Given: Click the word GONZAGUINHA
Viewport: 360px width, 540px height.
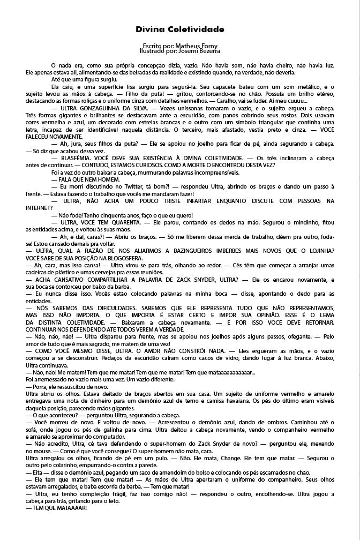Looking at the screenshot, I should (98, 108).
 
